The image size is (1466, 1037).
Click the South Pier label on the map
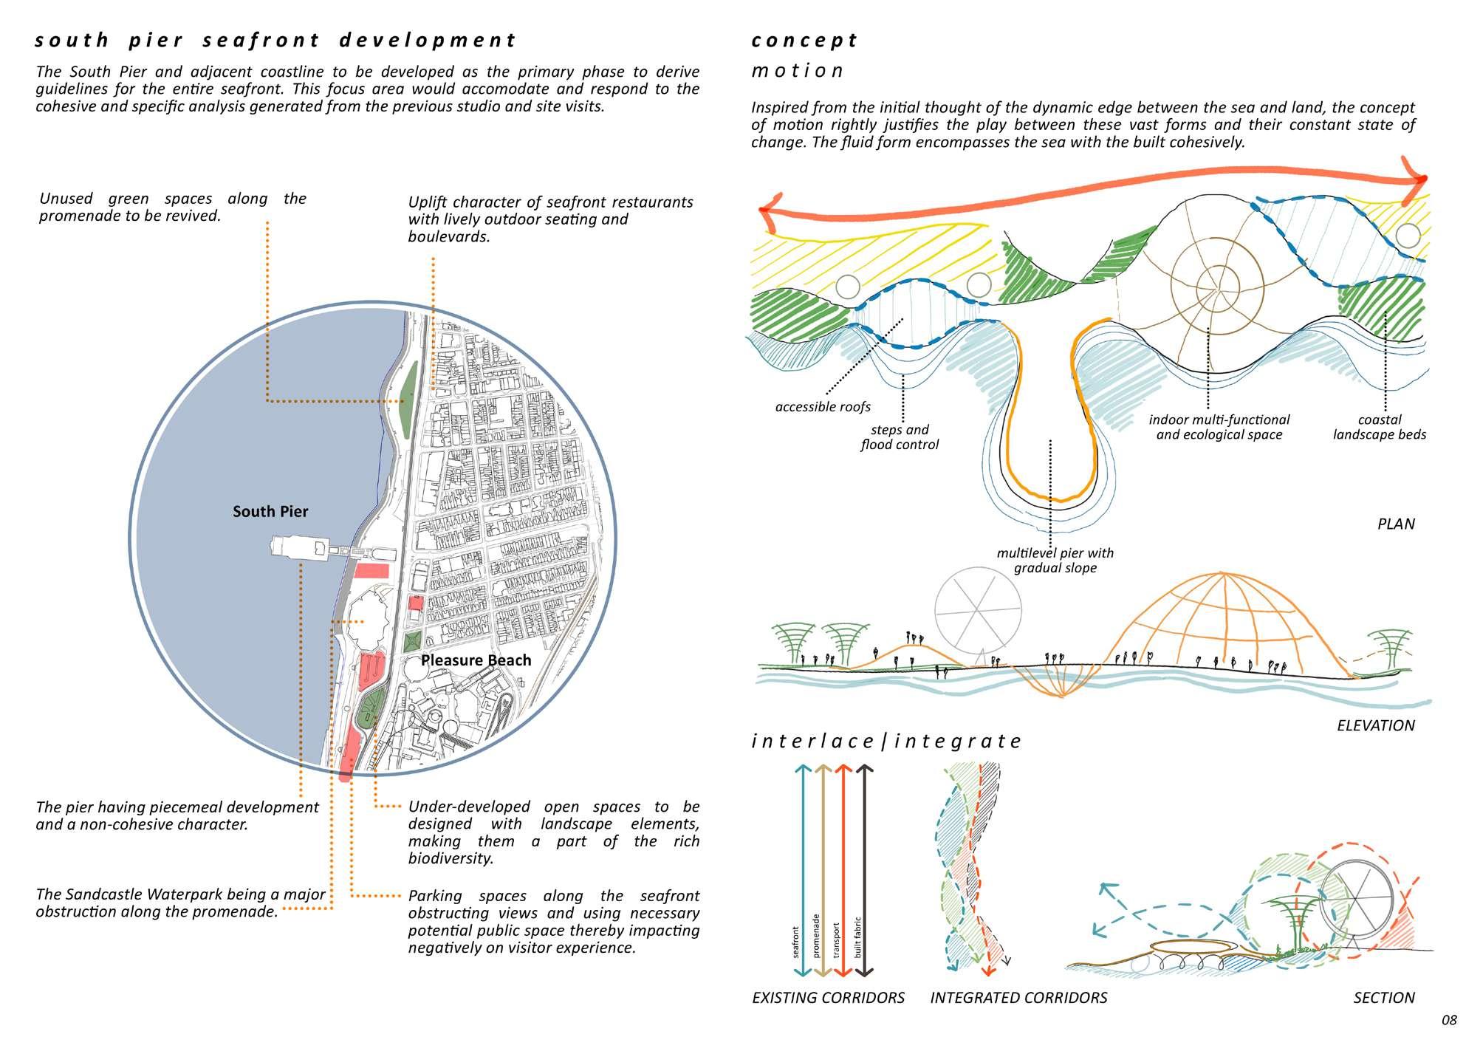[x=270, y=511]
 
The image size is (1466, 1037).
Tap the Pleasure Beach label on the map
[x=476, y=660]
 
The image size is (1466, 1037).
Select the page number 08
[x=1449, y=1020]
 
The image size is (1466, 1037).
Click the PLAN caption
[x=1396, y=524]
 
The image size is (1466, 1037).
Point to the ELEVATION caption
[x=1375, y=725]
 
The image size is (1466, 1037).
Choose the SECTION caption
[x=1383, y=998]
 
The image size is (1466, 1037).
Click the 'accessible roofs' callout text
[x=823, y=407]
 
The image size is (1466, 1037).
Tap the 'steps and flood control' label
[x=900, y=437]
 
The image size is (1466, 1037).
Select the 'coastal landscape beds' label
[x=1379, y=427]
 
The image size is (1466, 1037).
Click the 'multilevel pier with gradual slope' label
[x=1055, y=560]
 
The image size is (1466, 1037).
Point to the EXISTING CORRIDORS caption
[x=828, y=998]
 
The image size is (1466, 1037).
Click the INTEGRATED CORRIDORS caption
[x=1018, y=998]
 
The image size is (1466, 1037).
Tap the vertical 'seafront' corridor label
[x=795, y=942]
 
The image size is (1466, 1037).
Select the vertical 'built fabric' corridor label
[x=858, y=937]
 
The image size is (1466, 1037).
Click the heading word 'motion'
[x=797, y=71]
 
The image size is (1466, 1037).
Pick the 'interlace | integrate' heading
[x=886, y=741]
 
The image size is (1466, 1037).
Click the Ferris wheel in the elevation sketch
[x=978, y=610]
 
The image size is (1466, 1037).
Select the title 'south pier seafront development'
[x=275, y=40]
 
